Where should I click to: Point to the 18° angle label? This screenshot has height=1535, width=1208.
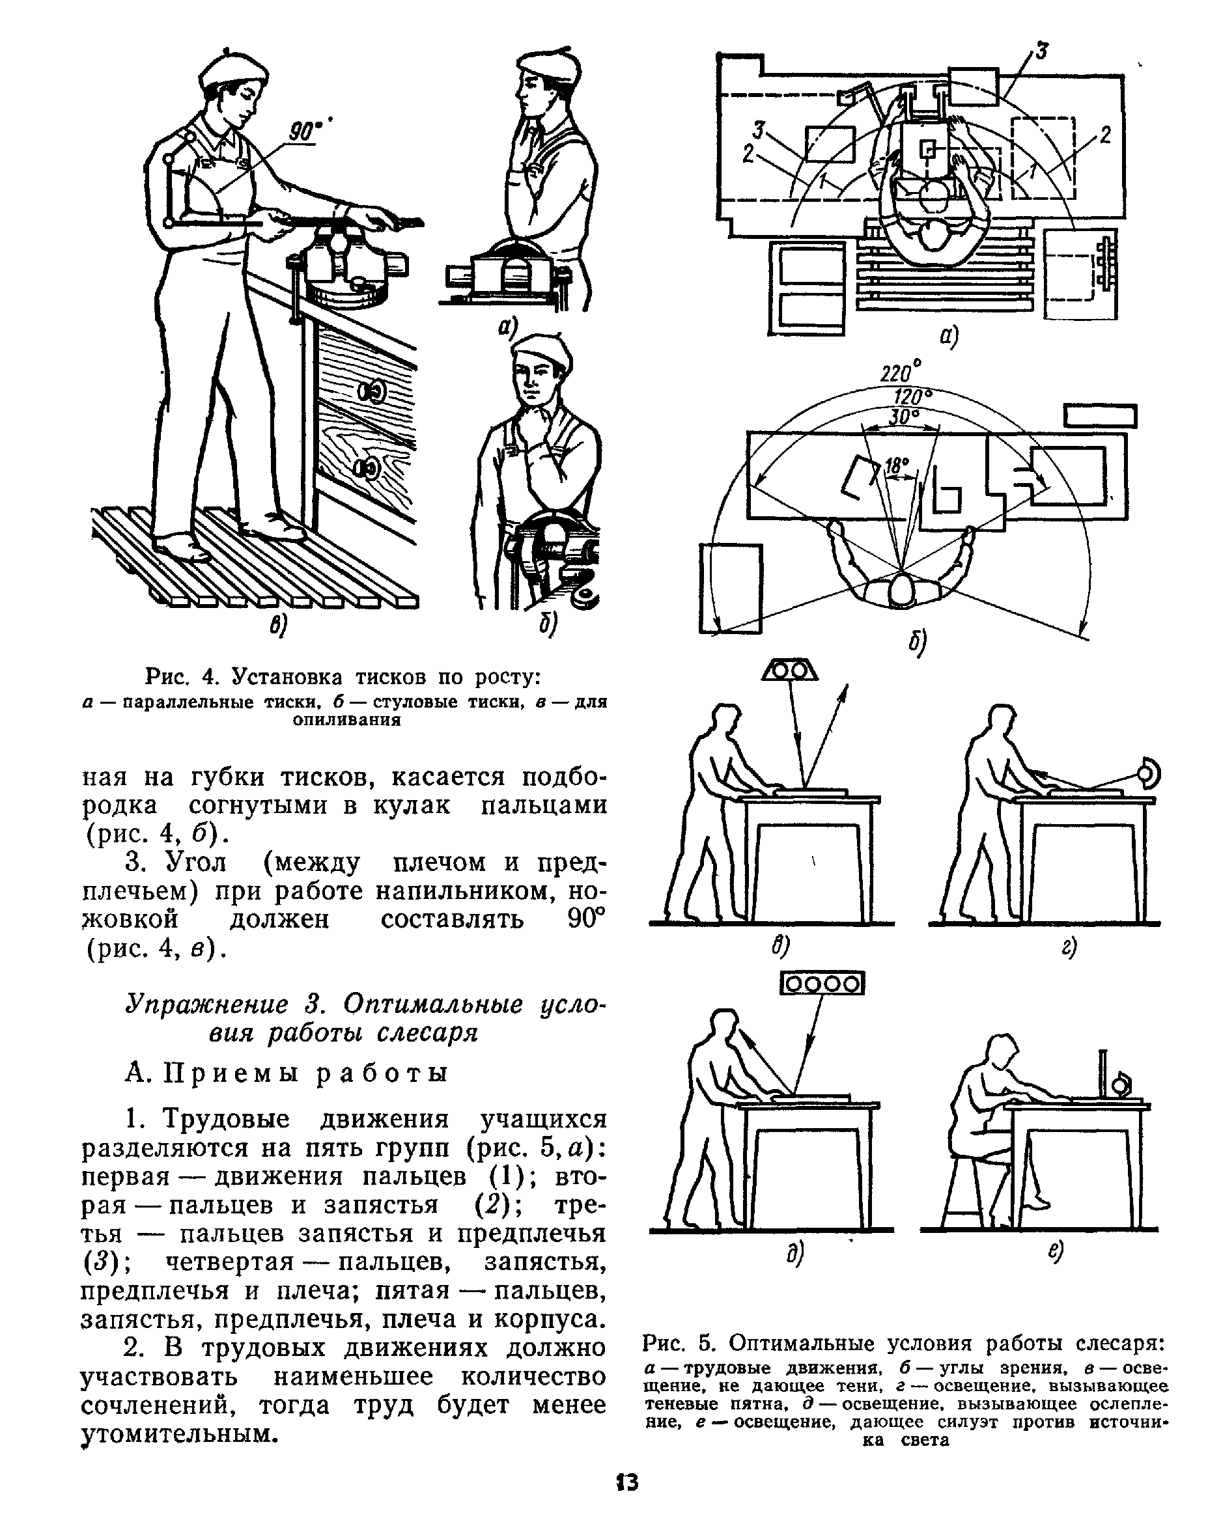click(895, 466)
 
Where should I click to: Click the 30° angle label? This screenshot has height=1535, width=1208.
click(903, 417)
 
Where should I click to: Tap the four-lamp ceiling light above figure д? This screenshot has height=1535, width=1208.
click(822, 984)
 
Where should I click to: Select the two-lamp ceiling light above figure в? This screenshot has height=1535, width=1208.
click(790, 668)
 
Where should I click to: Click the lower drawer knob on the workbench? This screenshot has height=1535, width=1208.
click(368, 467)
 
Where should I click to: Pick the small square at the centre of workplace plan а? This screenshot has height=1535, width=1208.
click(927, 149)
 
